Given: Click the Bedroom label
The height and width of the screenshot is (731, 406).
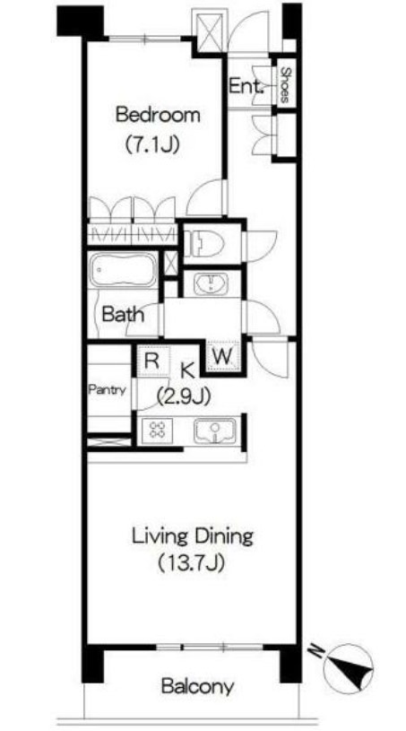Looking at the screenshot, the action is click(158, 115).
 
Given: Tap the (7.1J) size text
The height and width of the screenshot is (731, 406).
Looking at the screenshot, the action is click(151, 145).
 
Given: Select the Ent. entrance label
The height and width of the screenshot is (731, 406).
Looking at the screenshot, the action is click(246, 86).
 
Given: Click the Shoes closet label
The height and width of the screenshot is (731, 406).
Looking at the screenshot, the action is click(285, 85).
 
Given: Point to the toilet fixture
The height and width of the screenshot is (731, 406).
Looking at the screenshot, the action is click(204, 243).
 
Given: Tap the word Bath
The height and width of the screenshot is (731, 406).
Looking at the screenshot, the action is click(123, 314).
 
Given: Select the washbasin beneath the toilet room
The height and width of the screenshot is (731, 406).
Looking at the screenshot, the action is click(211, 284).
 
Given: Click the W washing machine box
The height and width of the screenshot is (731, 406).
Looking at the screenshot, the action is click(223, 357).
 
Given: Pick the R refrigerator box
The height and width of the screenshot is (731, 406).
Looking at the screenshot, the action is click(152, 361).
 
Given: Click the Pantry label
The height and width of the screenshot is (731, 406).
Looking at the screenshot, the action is click(107, 390).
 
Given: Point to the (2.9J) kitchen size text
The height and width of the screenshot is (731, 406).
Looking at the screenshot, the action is click(183, 396).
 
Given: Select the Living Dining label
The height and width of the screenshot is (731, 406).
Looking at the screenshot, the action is click(193, 536).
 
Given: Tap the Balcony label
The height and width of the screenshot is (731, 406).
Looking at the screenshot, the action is click(197, 686).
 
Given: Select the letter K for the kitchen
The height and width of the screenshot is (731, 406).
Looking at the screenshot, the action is click(187, 371).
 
